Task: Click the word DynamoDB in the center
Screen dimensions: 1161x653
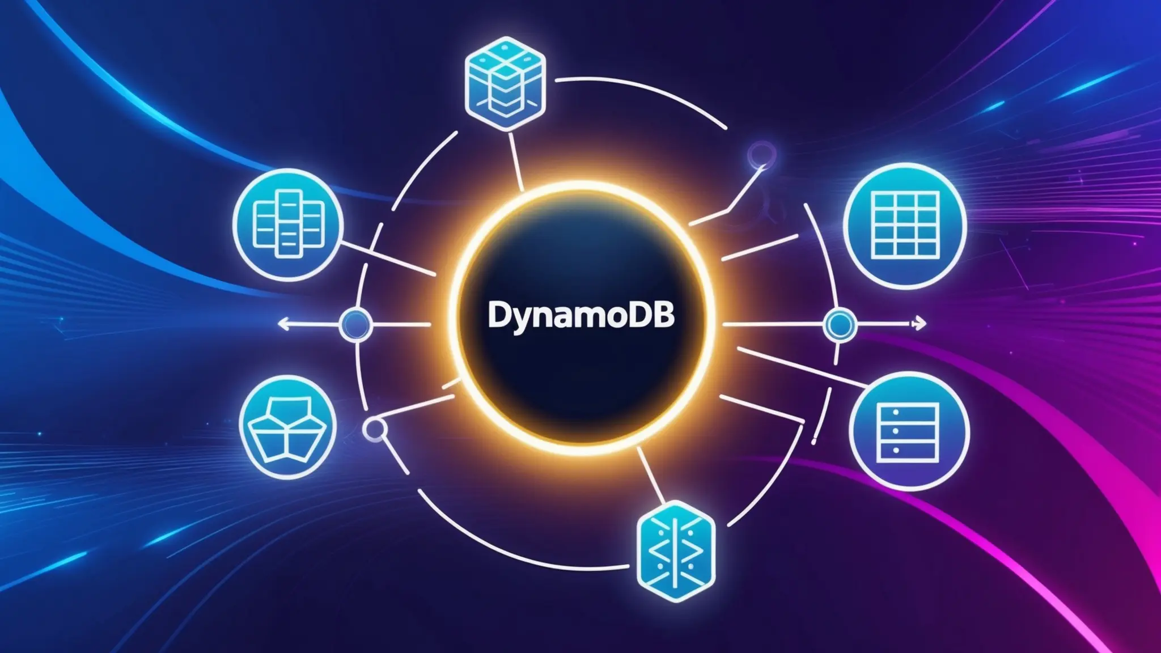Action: tap(581, 316)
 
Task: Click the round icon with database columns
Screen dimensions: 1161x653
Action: tap(288, 224)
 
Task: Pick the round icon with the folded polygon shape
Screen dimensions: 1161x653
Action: tap(288, 426)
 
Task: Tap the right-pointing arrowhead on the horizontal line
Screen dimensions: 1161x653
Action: tap(922, 324)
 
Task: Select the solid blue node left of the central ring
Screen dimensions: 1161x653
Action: tap(355, 324)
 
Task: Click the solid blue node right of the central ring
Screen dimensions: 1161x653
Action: tap(840, 324)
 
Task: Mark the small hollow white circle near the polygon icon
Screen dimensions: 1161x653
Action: tap(375, 430)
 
